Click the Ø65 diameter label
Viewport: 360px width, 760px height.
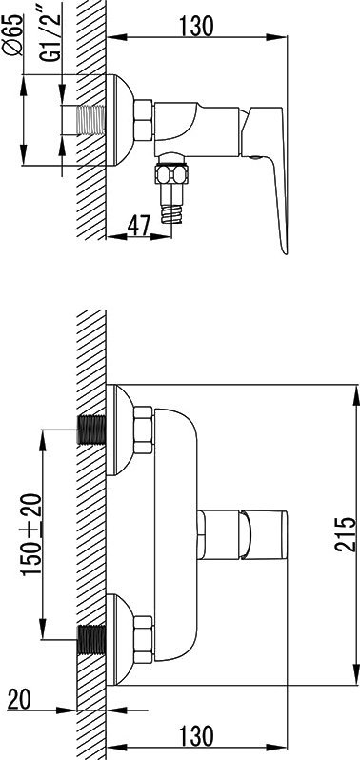13,36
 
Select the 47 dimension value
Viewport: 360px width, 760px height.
138,225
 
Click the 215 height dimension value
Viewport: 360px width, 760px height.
345,534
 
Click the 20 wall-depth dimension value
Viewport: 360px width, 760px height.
19,698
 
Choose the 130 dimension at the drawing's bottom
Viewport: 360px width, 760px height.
196,736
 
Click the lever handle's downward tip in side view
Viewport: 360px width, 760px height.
285,251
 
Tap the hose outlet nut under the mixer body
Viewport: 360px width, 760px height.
170,174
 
